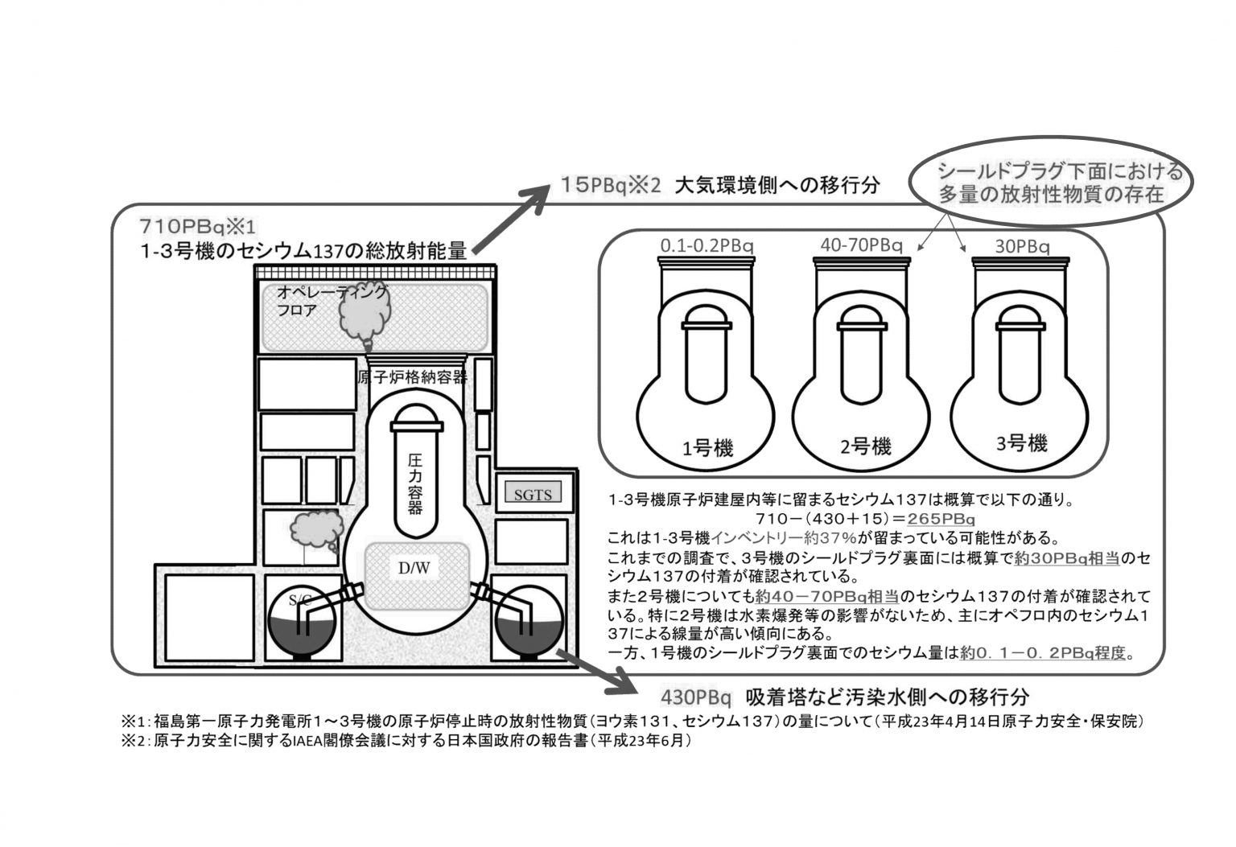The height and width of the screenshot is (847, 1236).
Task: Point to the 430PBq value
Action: click(x=696, y=696)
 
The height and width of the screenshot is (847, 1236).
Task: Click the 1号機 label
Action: click(x=707, y=448)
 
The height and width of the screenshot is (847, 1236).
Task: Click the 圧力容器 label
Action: click(x=415, y=483)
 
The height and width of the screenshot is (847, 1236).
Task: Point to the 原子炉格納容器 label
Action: click(x=411, y=377)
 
